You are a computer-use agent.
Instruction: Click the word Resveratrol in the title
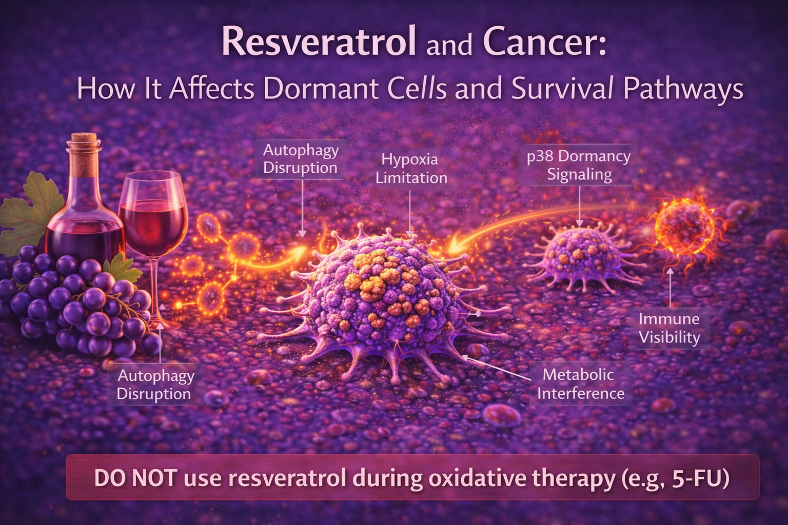pyautogui.click(x=319, y=43)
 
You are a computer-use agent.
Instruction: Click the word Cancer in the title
pyautogui.click(x=544, y=43)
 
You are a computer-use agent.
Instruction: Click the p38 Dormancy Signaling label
pyautogui.click(x=579, y=165)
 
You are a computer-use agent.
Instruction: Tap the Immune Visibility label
pyautogui.click(x=669, y=328)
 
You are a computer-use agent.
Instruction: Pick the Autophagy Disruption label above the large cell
pyautogui.click(x=301, y=159)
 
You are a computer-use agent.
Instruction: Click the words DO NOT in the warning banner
pyautogui.click(x=135, y=478)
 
